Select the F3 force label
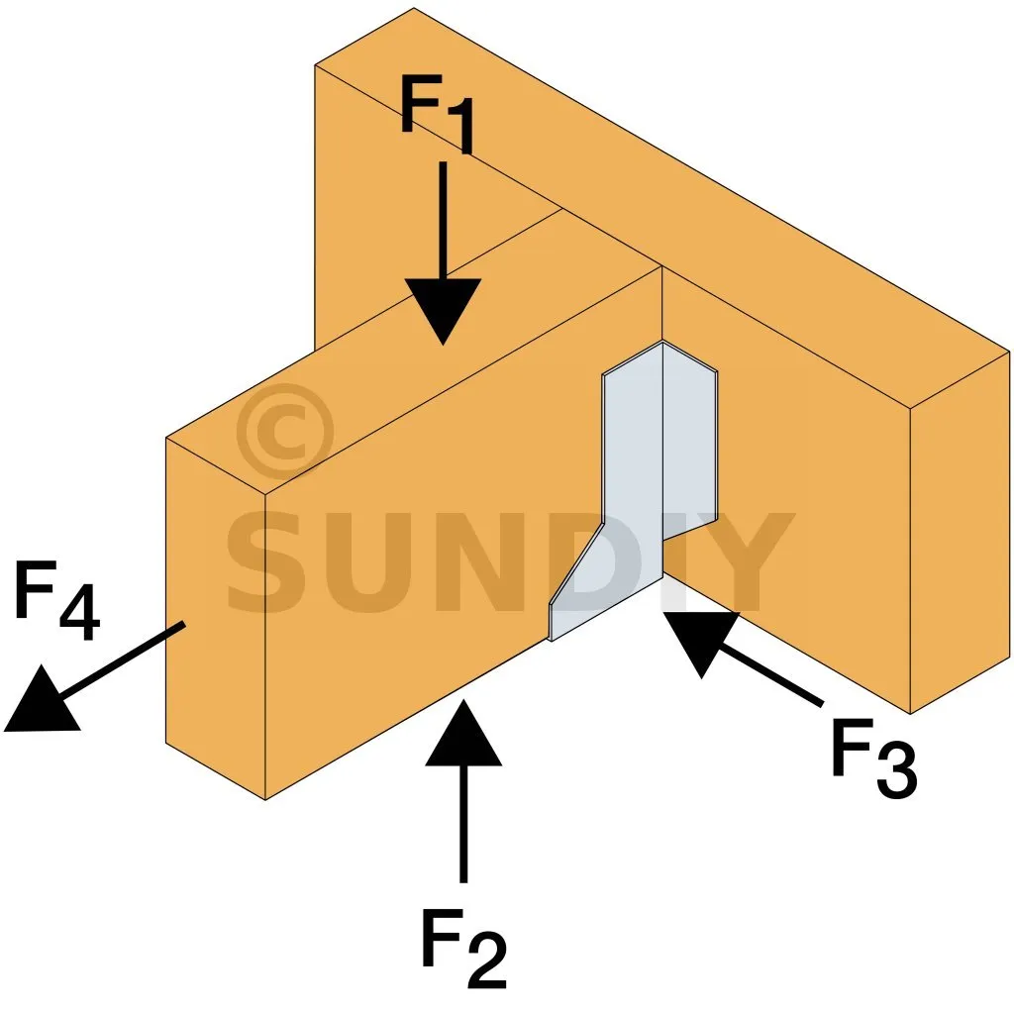(872, 762)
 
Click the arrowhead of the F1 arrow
(442, 309)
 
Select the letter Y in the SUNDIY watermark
(743, 564)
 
